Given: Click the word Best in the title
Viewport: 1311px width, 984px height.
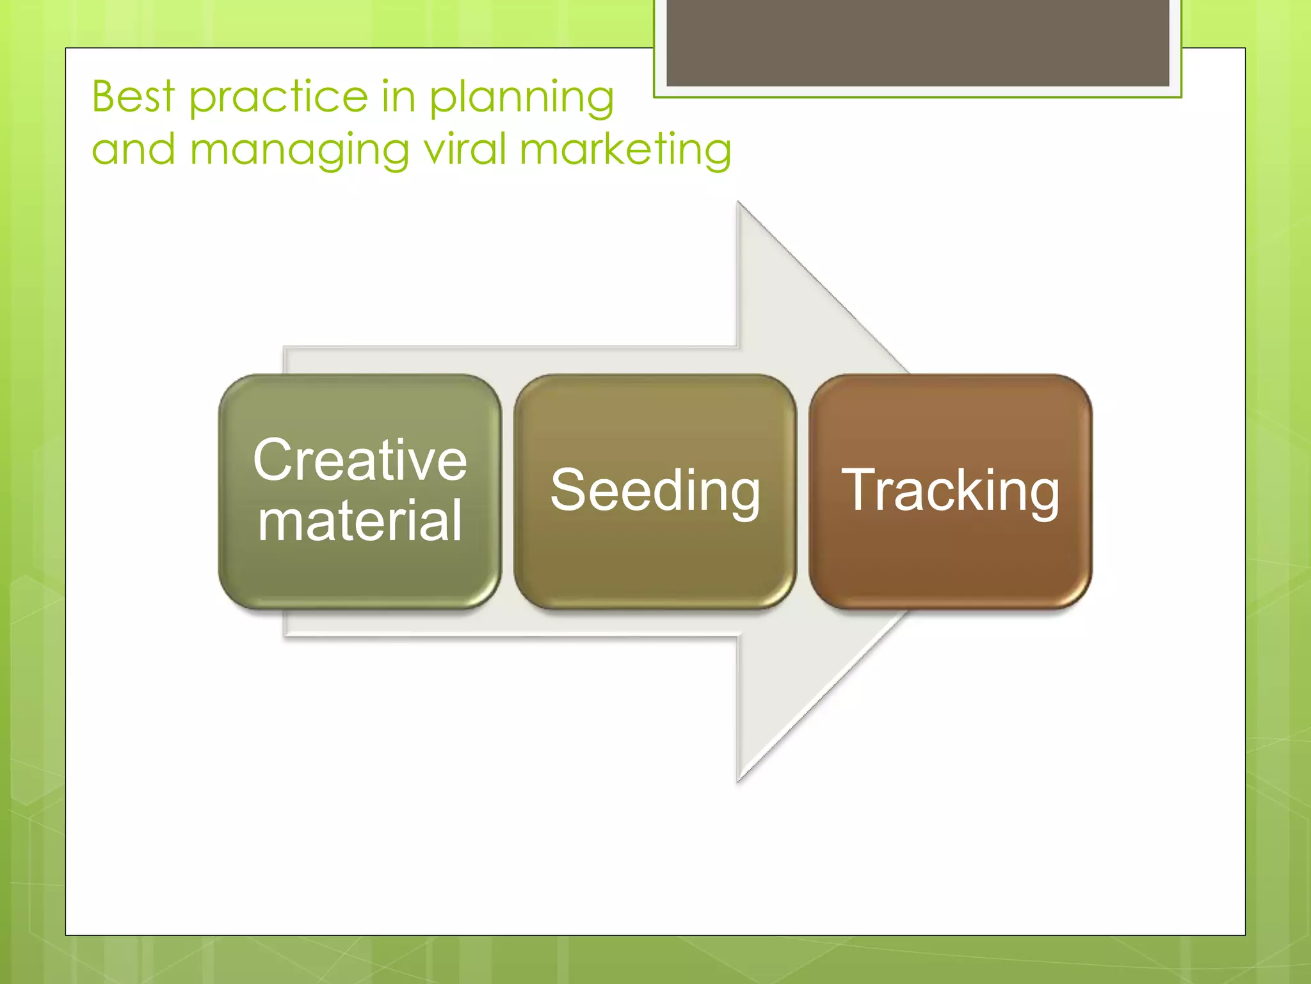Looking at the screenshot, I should point(133,97).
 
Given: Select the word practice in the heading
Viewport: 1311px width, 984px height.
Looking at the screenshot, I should point(279,98).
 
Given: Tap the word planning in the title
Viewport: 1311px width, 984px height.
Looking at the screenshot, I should point(521,98).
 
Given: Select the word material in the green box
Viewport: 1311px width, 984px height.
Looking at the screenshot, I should point(360,520).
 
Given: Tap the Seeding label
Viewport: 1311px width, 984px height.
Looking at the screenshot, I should point(655,491).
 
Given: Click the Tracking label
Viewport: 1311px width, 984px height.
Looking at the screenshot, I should point(950,491).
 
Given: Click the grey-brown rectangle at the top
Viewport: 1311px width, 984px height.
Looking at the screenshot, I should point(917,42).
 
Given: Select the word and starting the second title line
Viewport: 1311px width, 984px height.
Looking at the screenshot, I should point(133,149).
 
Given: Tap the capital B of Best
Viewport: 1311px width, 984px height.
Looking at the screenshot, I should point(105,97).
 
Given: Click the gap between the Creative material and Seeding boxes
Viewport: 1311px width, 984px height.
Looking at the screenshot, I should point(508,491).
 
